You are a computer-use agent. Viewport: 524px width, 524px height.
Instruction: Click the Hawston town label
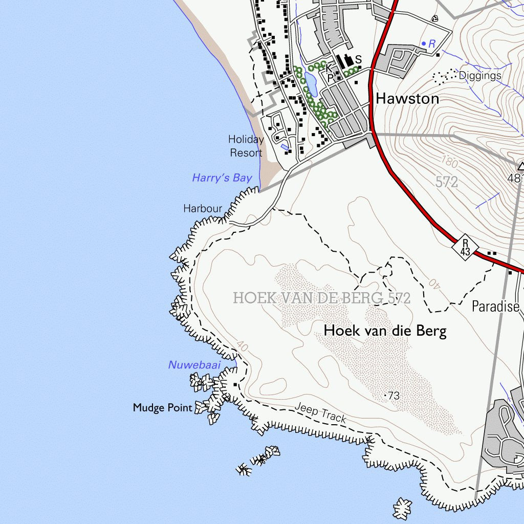tap(407, 99)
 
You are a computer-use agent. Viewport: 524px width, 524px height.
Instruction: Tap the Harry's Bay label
tap(222, 178)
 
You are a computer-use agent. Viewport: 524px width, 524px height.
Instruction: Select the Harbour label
tap(203, 209)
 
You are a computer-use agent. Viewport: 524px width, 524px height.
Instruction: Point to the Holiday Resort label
tap(246, 146)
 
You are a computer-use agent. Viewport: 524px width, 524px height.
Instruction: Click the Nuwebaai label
tap(194, 365)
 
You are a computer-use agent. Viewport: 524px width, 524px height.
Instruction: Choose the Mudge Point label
tap(163, 408)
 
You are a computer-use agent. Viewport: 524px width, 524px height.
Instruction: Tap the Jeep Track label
tap(320, 414)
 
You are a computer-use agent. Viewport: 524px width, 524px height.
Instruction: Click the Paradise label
tap(495, 307)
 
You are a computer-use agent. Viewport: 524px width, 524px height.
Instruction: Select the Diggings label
tap(479, 76)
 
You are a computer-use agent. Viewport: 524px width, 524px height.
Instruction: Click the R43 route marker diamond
tap(465, 247)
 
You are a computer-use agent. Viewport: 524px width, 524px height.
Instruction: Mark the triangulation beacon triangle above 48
tap(521, 166)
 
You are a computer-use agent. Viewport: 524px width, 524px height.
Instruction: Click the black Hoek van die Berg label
tap(385, 331)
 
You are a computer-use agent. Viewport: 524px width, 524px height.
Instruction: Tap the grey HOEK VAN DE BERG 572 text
tap(322, 298)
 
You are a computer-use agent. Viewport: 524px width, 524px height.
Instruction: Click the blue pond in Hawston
tap(311, 83)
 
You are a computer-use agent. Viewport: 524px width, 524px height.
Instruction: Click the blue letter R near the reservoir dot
tap(431, 44)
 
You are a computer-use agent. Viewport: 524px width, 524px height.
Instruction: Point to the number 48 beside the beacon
tap(514, 178)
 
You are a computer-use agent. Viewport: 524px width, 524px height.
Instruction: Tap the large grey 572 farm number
tap(447, 182)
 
